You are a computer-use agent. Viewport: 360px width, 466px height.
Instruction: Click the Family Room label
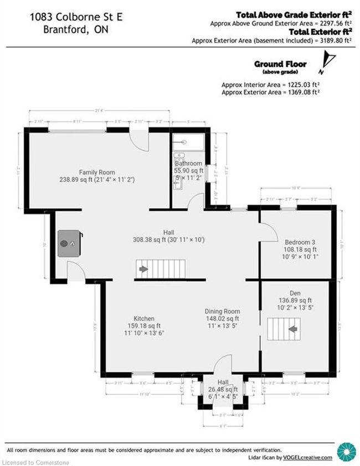coord(97,172)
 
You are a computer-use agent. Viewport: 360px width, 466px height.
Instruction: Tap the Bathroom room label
coord(188,163)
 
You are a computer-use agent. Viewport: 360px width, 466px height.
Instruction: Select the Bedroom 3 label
coord(300,242)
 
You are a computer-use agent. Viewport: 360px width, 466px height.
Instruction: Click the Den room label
coord(295,292)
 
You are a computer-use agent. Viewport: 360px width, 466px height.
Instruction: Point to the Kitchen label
coord(143,318)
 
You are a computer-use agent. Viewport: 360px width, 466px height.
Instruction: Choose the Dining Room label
coord(222,311)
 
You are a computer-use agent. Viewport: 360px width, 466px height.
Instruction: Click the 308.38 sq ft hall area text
coord(168,240)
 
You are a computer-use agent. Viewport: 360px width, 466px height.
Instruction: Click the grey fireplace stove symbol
coord(69,242)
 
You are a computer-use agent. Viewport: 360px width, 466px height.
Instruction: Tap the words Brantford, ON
coord(75,30)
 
